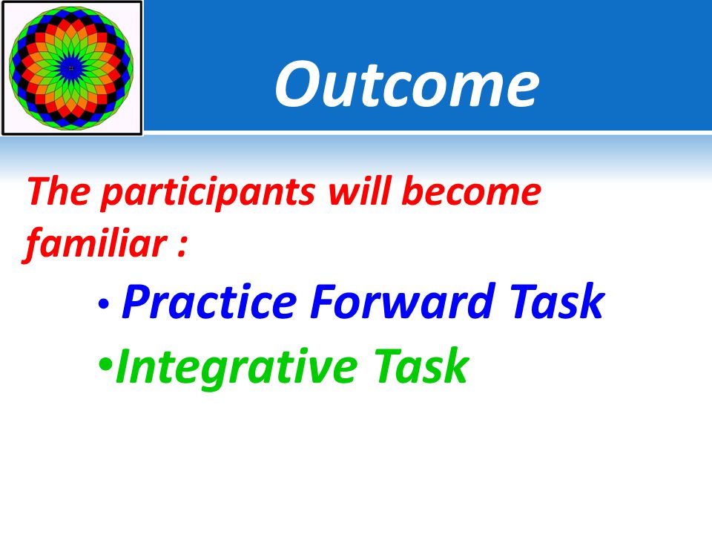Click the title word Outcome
click(x=407, y=85)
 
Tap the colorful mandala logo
click(x=71, y=68)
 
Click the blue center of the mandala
click(x=71, y=68)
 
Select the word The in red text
click(x=59, y=191)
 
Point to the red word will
click(x=359, y=191)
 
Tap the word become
click(x=471, y=191)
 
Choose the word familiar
click(x=96, y=245)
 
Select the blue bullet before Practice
click(x=104, y=304)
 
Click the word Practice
click(x=209, y=301)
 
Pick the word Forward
click(x=402, y=301)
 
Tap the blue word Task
click(x=556, y=300)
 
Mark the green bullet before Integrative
click(x=105, y=365)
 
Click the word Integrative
click(x=237, y=367)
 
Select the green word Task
click(x=421, y=366)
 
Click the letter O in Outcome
click(x=298, y=85)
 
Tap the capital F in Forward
click(x=326, y=301)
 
